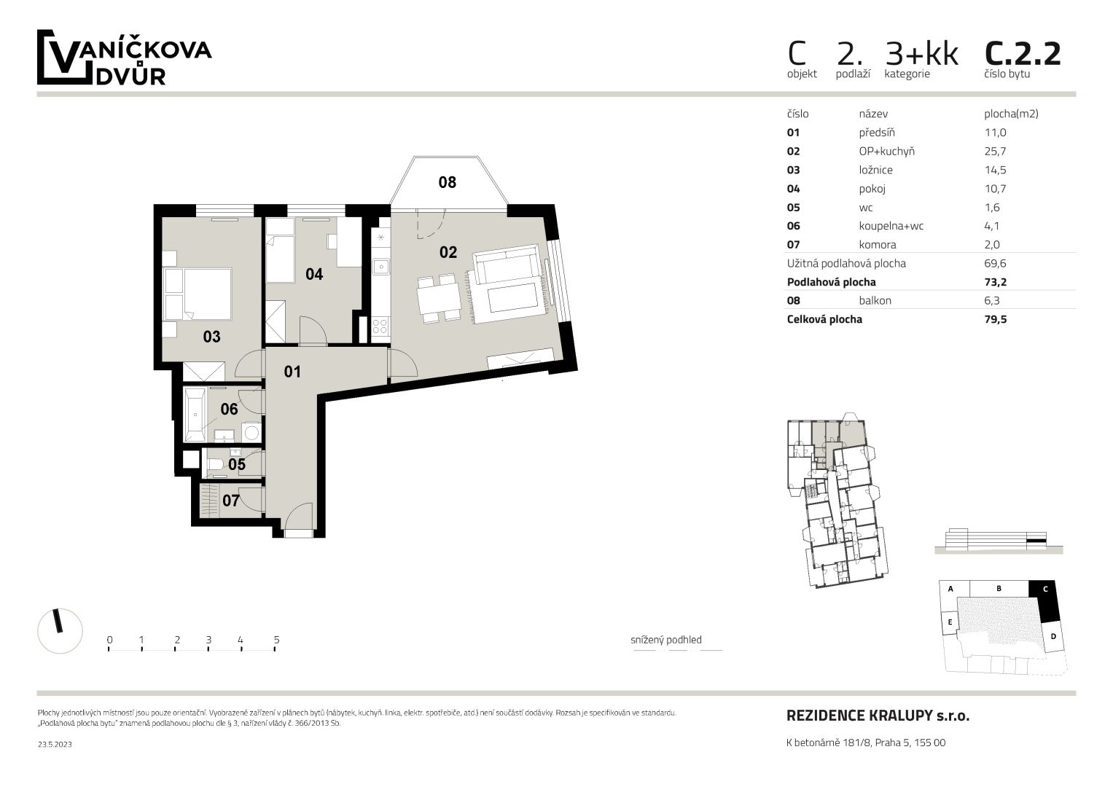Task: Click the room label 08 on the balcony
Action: point(448,182)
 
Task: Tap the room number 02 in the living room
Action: point(448,252)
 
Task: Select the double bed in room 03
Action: point(198,294)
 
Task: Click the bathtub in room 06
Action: point(195,415)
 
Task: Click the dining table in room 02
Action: point(439,298)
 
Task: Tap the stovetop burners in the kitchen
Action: point(380,326)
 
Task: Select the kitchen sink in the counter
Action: point(381,266)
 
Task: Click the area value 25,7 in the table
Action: point(995,151)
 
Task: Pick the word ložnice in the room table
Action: point(875,170)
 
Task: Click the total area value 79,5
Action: point(996,319)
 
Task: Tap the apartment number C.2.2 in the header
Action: point(1023,54)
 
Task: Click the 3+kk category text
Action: point(922,54)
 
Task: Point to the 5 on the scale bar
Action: point(277,640)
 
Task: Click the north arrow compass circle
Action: point(60,630)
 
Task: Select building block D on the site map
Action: point(1053,636)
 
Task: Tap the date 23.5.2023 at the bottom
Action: point(55,744)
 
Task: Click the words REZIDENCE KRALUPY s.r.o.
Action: point(878,716)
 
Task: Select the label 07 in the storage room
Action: point(230,501)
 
